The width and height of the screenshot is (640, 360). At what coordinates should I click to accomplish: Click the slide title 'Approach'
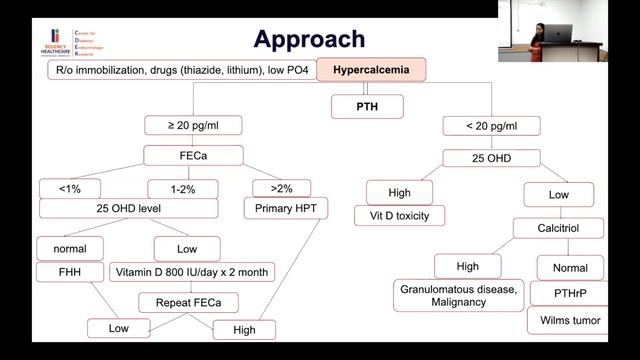tap(308, 39)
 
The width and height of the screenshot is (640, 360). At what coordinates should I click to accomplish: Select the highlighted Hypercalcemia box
tap(371, 71)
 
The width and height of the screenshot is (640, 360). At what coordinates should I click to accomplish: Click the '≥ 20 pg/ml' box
tap(194, 126)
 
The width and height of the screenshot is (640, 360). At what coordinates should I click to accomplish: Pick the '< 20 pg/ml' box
tap(491, 126)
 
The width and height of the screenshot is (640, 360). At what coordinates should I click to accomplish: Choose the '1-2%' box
tap(183, 186)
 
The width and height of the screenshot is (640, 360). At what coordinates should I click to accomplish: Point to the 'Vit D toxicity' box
tap(399, 214)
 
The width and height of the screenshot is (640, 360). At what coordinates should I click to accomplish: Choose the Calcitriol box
tap(557, 229)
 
